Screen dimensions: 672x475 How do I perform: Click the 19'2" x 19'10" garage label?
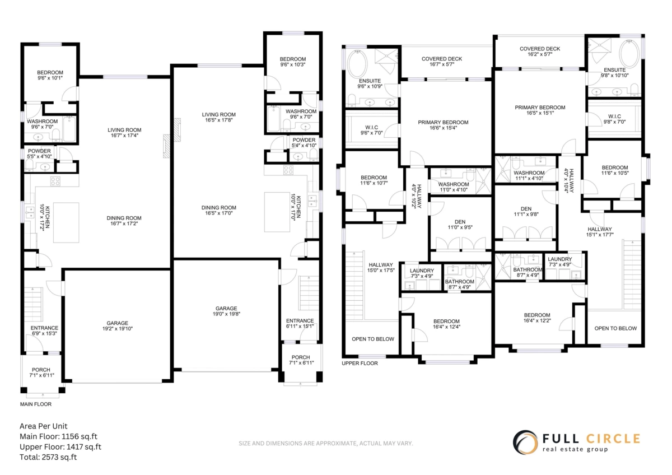(x=117, y=326)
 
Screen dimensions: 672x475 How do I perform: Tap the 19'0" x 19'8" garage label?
(x=226, y=311)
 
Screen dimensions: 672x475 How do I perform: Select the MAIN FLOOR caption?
(x=36, y=404)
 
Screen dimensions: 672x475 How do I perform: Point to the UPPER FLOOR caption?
(x=360, y=364)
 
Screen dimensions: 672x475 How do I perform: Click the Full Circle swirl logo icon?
(x=525, y=443)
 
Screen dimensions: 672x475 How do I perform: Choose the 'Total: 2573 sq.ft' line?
(x=48, y=457)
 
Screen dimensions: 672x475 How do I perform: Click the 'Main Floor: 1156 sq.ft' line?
(x=58, y=436)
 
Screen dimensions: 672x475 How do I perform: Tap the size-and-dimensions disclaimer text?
(x=326, y=443)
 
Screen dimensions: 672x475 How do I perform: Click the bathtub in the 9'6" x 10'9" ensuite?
(x=357, y=64)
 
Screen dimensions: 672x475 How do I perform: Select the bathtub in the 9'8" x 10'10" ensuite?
(x=629, y=54)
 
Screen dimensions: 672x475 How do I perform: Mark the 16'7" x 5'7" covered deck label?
(x=442, y=62)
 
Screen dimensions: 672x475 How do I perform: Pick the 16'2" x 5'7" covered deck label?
(x=540, y=52)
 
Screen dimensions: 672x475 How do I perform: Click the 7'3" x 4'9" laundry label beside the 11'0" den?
(x=422, y=273)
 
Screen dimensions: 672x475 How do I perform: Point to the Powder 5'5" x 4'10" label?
(x=39, y=153)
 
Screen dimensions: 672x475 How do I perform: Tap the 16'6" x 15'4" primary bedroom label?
(x=443, y=125)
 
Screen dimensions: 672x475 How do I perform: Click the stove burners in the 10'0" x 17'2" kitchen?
(x=55, y=181)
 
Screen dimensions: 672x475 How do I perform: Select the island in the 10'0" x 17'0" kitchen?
(x=277, y=212)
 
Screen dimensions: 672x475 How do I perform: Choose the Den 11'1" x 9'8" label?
(x=526, y=212)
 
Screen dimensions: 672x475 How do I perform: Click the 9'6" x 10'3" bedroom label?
(x=293, y=62)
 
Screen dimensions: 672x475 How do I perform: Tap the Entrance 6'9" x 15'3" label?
(x=44, y=330)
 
